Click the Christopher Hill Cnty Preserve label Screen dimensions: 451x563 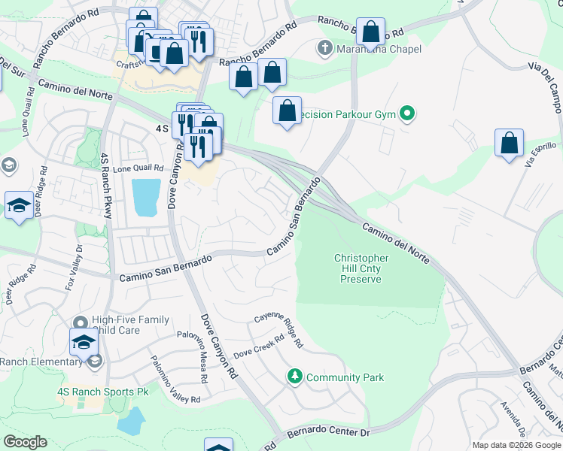click(x=361, y=268)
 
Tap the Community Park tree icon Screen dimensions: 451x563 click(x=296, y=376)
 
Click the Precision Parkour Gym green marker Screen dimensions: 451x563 click(x=407, y=115)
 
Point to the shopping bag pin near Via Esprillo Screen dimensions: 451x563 click(x=510, y=144)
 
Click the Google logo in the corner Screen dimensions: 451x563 click(x=24, y=442)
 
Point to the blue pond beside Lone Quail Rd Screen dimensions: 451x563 click(x=146, y=198)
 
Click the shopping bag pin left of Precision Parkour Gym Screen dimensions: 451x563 click(x=287, y=111)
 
